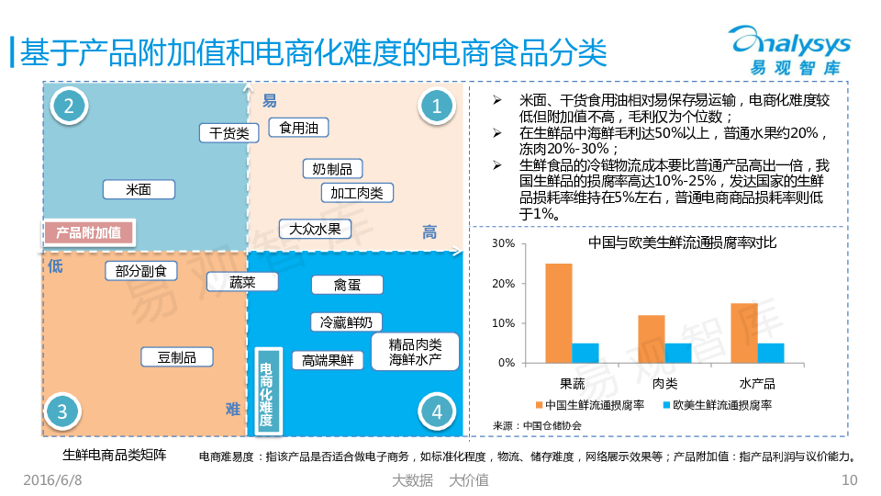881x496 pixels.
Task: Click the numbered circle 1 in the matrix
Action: point(437,107)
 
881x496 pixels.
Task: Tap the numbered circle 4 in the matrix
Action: point(437,412)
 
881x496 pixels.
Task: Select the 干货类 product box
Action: point(229,133)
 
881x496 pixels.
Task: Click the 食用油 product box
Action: point(298,128)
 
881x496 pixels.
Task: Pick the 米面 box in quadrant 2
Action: point(139,189)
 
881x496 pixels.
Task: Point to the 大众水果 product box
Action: point(315,229)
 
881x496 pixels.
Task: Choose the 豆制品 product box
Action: point(177,357)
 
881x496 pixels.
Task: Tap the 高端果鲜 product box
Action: point(328,361)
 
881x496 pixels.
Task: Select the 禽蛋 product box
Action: point(347,285)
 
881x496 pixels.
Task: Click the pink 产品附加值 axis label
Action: point(88,232)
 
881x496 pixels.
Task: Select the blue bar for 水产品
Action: point(770,353)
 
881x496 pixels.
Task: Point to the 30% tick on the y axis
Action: point(503,244)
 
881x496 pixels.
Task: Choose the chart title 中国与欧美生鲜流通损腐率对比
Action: point(682,243)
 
